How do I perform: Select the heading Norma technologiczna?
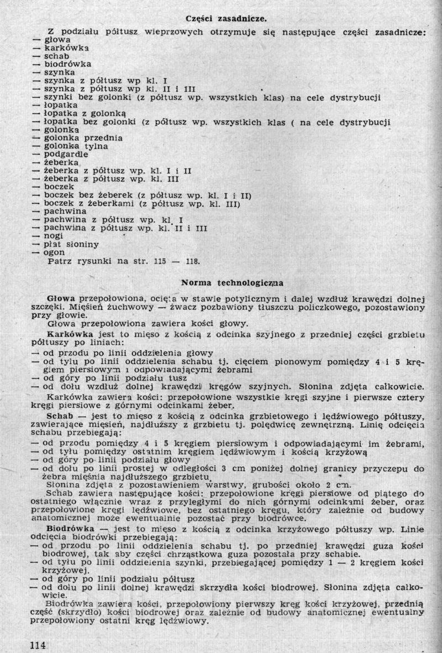point(232,283)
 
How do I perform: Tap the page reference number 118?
point(191,261)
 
